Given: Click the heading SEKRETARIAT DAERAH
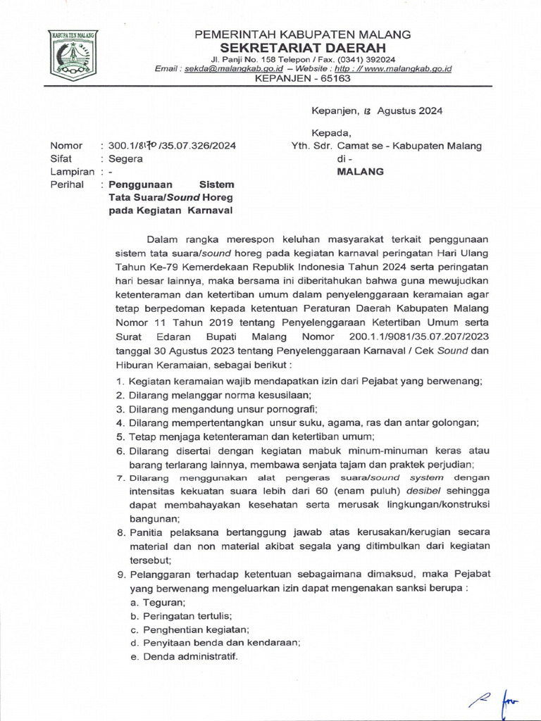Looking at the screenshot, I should click(302, 46).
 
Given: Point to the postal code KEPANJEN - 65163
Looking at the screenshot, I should click(302, 79).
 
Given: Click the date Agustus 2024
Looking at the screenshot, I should click(410, 111).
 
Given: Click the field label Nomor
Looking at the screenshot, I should click(66, 146).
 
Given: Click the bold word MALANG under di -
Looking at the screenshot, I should click(360, 172).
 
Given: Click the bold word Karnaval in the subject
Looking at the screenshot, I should click(210, 210).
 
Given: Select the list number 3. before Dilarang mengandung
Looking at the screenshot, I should click(120, 408).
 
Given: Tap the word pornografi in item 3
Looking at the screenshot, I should click(285, 408).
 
